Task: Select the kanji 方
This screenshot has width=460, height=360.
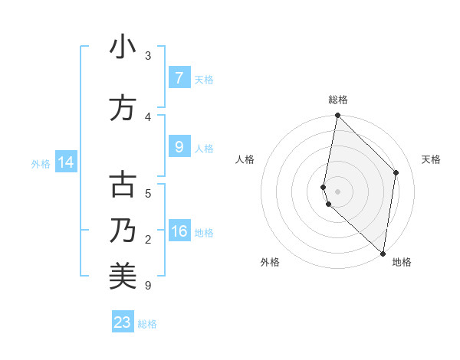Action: (123, 108)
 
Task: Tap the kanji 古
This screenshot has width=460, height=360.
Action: (123, 185)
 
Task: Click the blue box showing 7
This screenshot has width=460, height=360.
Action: (179, 78)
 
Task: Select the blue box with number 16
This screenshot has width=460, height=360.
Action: (179, 232)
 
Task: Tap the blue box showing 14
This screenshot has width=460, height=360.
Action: (65, 163)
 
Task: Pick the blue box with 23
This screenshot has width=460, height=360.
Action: (123, 322)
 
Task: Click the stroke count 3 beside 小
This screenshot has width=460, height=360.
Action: (148, 56)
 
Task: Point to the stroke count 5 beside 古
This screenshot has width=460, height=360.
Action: (148, 194)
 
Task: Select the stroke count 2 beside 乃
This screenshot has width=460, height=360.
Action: (148, 240)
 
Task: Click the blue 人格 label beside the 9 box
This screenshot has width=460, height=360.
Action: (204, 149)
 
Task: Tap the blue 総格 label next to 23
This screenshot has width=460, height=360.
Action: (147, 324)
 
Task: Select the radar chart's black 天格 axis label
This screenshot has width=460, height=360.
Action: (432, 159)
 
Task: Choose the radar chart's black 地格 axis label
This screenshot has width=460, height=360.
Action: (402, 263)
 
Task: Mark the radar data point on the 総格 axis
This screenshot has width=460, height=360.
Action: (337, 116)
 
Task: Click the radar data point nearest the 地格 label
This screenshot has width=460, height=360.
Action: (383, 253)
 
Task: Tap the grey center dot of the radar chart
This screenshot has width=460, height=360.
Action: (337, 191)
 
